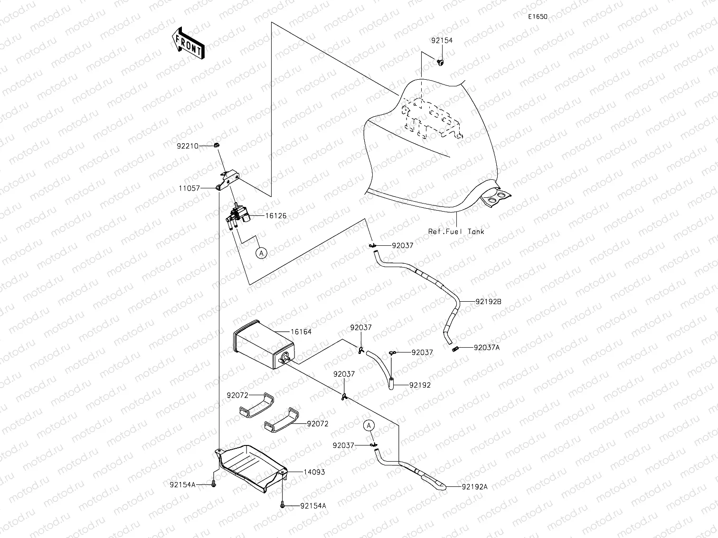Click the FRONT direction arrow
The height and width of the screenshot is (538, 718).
point(189,43)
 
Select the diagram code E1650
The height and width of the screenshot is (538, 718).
point(538,17)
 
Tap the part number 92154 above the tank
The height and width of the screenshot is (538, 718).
point(442,40)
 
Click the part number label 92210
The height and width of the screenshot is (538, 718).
point(188,146)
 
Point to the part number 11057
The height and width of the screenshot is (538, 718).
point(189,188)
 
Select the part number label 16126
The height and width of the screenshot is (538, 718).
point(275,215)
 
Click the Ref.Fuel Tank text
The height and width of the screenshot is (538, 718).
point(456,232)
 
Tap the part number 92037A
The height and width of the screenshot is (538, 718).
point(487,347)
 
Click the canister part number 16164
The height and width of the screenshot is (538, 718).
point(301,332)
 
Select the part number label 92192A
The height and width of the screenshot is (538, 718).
point(474,486)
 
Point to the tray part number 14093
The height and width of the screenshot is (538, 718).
point(314,472)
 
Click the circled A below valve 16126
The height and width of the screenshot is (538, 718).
point(261,253)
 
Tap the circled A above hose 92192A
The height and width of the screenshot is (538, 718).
point(369,426)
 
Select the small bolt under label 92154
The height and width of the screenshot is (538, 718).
point(440,62)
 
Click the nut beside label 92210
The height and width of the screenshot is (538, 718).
point(216,145)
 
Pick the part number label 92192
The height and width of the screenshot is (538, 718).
point(420,385)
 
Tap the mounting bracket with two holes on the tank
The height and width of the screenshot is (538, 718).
point(497,196)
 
